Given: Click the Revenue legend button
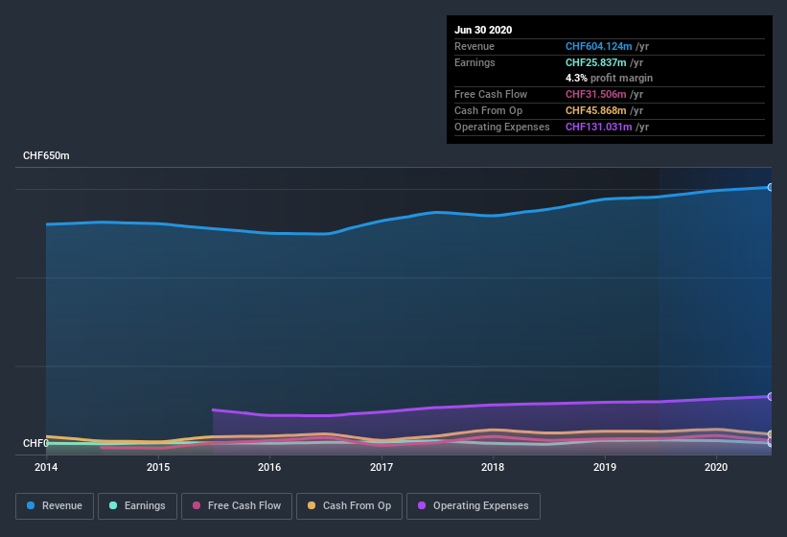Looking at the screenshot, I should [55, 505].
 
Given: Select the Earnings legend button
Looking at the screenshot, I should [136, 505].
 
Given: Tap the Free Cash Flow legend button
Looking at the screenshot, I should [237, 505].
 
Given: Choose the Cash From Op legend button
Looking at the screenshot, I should [348, 505].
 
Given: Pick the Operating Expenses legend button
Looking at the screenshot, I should [473, 505].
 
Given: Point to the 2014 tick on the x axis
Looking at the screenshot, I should [46, 467].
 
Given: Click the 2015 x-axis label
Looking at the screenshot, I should [158, 467].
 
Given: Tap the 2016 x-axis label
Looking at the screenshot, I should [269, 467].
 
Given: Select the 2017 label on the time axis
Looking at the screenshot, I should [382, 467].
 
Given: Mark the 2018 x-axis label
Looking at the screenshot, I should [493, 467].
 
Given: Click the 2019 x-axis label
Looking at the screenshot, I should [605, 467].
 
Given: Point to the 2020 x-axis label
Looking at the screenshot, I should [716, 467].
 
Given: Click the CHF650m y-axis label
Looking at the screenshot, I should [46, 155].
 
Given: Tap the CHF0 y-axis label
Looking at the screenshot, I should [35, 443].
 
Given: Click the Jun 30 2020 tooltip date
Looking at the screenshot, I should [483, 30].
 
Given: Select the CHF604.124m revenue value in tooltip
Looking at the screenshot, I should [599, 46].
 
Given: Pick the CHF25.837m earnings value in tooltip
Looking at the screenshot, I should [596, 62].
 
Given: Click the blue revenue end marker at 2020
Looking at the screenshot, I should [771, 187].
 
